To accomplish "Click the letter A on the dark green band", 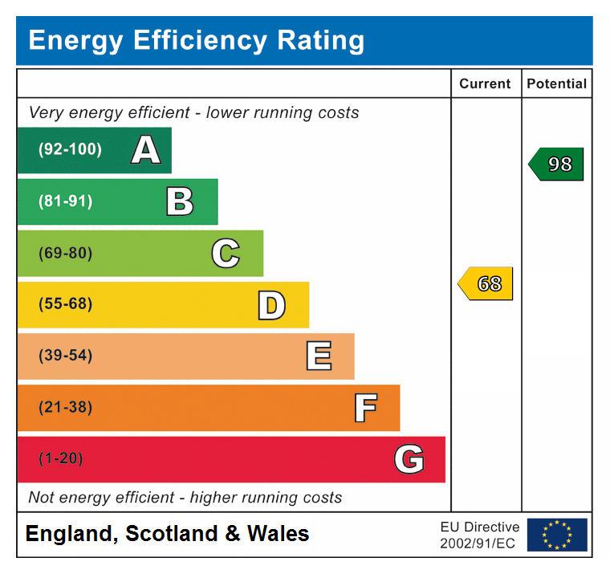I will (145, 150).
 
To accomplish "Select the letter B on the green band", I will (180, 202).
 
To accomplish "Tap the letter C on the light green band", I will (226, 254).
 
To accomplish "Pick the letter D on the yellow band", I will (271, 305).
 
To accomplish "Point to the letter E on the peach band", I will (319, 356).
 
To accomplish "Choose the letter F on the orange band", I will (365, 408).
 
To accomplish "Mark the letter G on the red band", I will (409, 459).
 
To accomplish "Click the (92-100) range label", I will (70, 150).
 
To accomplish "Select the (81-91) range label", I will (65, 202).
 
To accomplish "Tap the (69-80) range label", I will (65, 254).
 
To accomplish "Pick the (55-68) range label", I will (65, 305).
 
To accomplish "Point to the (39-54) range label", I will (65, 356).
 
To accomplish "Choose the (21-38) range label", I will (65, 408).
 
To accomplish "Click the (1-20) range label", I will (61, 459).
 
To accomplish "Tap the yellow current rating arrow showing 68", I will (486, 284).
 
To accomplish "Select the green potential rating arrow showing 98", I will (556, 164).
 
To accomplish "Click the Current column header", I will (485, 83).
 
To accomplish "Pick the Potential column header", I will (556, 83).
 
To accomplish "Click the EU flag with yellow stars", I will (557, 535).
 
